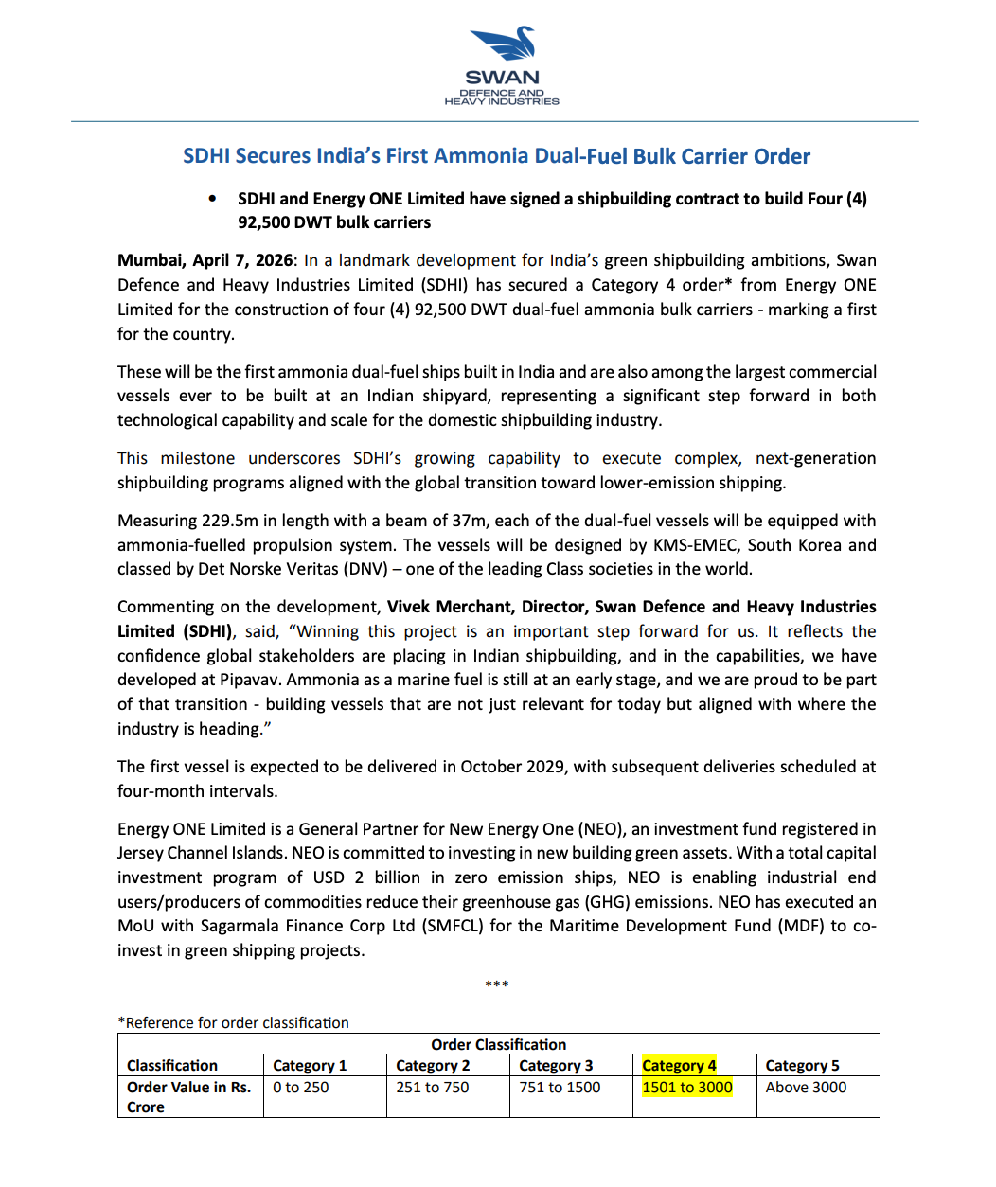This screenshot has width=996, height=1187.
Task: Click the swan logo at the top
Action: click(x=503, y=45)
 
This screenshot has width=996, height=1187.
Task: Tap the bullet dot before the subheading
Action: click(x=212, y=199)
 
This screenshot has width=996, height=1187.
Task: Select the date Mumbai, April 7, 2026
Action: click(x=205, y=260)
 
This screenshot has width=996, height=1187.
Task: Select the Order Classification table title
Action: click(x=498, y=1044)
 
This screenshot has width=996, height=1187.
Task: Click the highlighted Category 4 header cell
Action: click(x=679, y=1066)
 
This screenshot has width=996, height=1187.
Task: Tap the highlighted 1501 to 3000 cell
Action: click(x=687, y=1088)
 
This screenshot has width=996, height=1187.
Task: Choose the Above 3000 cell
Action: click(x=806, y=1088)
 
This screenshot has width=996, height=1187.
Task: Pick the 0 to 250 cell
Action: click(x=301, y=1088)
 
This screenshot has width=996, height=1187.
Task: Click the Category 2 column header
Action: click(x=433, y=1066)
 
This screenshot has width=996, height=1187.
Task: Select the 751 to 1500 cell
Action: click(x=560, y=1088)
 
